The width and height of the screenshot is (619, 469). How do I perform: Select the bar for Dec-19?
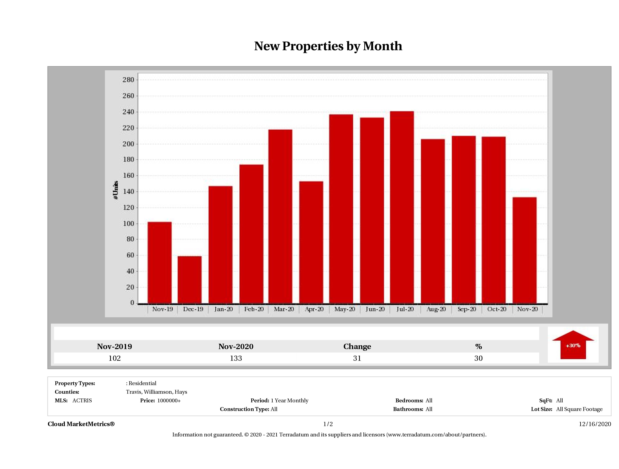[190, 280]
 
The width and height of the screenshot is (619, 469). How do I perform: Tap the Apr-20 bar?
[311, 242]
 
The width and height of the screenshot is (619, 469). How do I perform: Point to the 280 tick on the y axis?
[129, 80]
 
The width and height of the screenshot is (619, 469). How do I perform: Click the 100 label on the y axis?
[129, 224]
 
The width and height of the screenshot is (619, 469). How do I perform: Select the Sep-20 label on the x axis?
[467, 309]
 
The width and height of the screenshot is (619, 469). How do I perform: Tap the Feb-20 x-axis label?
[254, 309]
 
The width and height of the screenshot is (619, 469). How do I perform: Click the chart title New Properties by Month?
[328, 46]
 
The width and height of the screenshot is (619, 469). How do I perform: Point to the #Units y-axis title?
[116, 190]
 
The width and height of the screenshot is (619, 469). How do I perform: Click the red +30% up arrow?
[573, 345]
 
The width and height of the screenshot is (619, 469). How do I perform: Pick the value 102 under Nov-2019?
[115, 358]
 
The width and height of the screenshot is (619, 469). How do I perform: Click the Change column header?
[357, 347]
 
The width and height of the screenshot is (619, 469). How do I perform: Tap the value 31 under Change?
[357, 358]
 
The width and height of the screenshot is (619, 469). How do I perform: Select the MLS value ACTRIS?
[82, 401]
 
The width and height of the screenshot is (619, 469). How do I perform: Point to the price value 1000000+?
[169, 401]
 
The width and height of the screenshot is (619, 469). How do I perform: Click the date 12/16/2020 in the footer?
[595, 424]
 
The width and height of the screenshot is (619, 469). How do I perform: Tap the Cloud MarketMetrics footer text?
[81, 424]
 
